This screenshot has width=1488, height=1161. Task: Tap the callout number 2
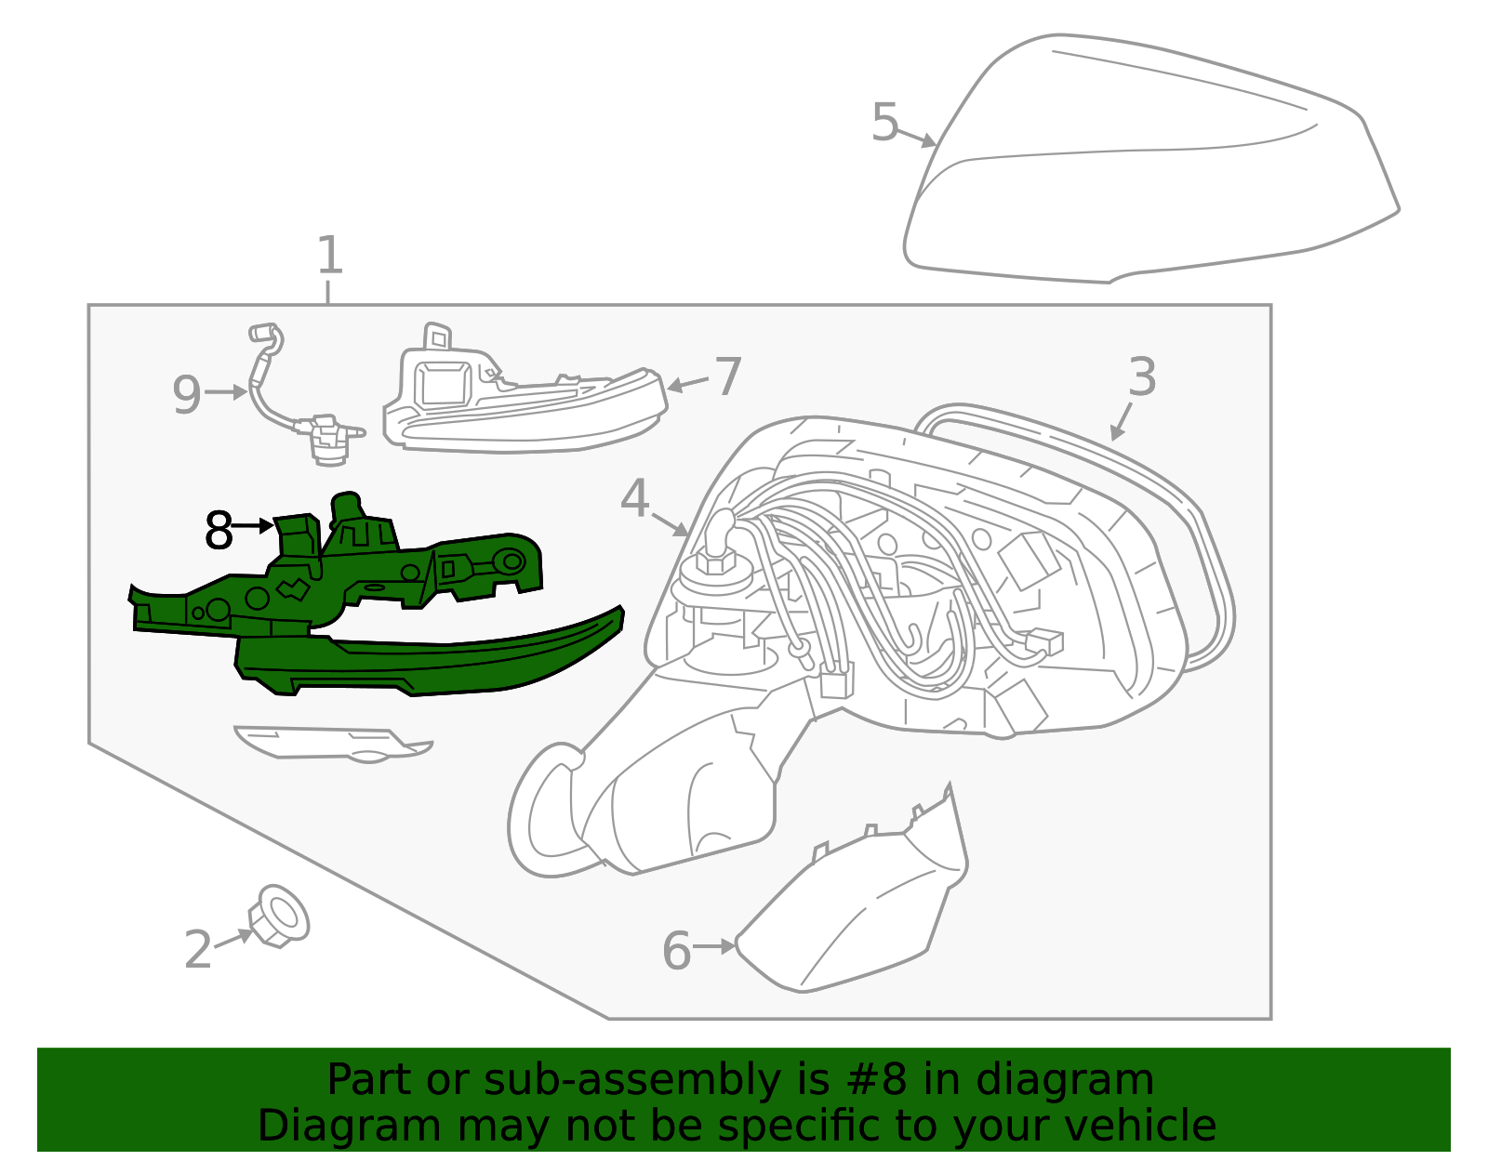pyautogui.click(x=198, y=950)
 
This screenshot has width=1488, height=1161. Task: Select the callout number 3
pyautogui.click(x=1142, y=377)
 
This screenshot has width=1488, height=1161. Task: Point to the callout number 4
pyautogui.click(x=634, y=499)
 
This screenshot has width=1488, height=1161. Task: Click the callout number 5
pyautogui.click(x=885, y=123)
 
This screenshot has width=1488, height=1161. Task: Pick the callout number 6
pyautogui.click(x=676, y=951)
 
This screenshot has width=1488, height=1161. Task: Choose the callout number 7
pyautogui.click(x=726, y=376)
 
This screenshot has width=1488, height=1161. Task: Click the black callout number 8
pyautogui.click(x=219, y=531)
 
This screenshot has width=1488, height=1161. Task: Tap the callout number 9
pyautogui.click(x=187, y=394)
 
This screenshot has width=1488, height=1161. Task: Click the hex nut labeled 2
pyautogui.click(x=280, y=916)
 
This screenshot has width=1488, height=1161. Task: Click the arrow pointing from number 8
pyautogui.click(x=253, y=526)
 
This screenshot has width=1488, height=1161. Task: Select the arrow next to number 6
pyautogui.click(x=714, y=946)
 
